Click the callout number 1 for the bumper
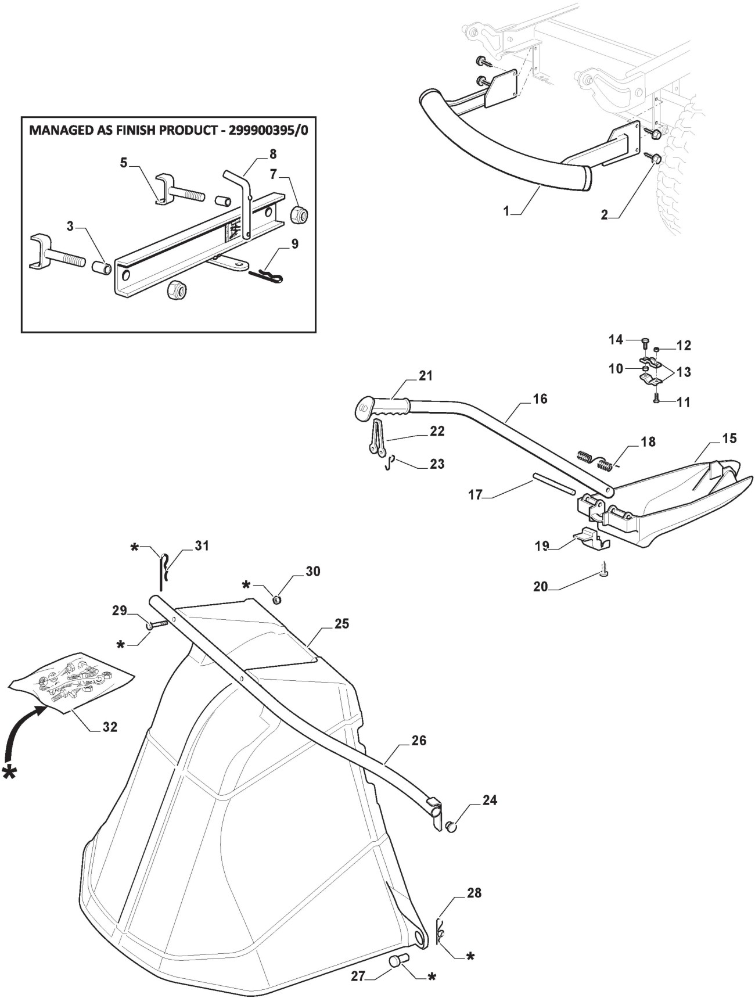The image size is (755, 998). (506, 211)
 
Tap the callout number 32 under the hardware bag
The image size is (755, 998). (110, 727)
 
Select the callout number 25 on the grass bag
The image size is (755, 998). (342, 623)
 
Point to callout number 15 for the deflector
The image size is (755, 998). (729, 438)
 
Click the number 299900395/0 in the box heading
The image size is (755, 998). (268, 130)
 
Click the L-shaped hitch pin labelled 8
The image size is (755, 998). (240, 203)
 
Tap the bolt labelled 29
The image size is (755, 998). (157, 624)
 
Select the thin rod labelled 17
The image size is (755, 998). (553, 487)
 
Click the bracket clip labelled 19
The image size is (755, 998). (591, 539)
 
